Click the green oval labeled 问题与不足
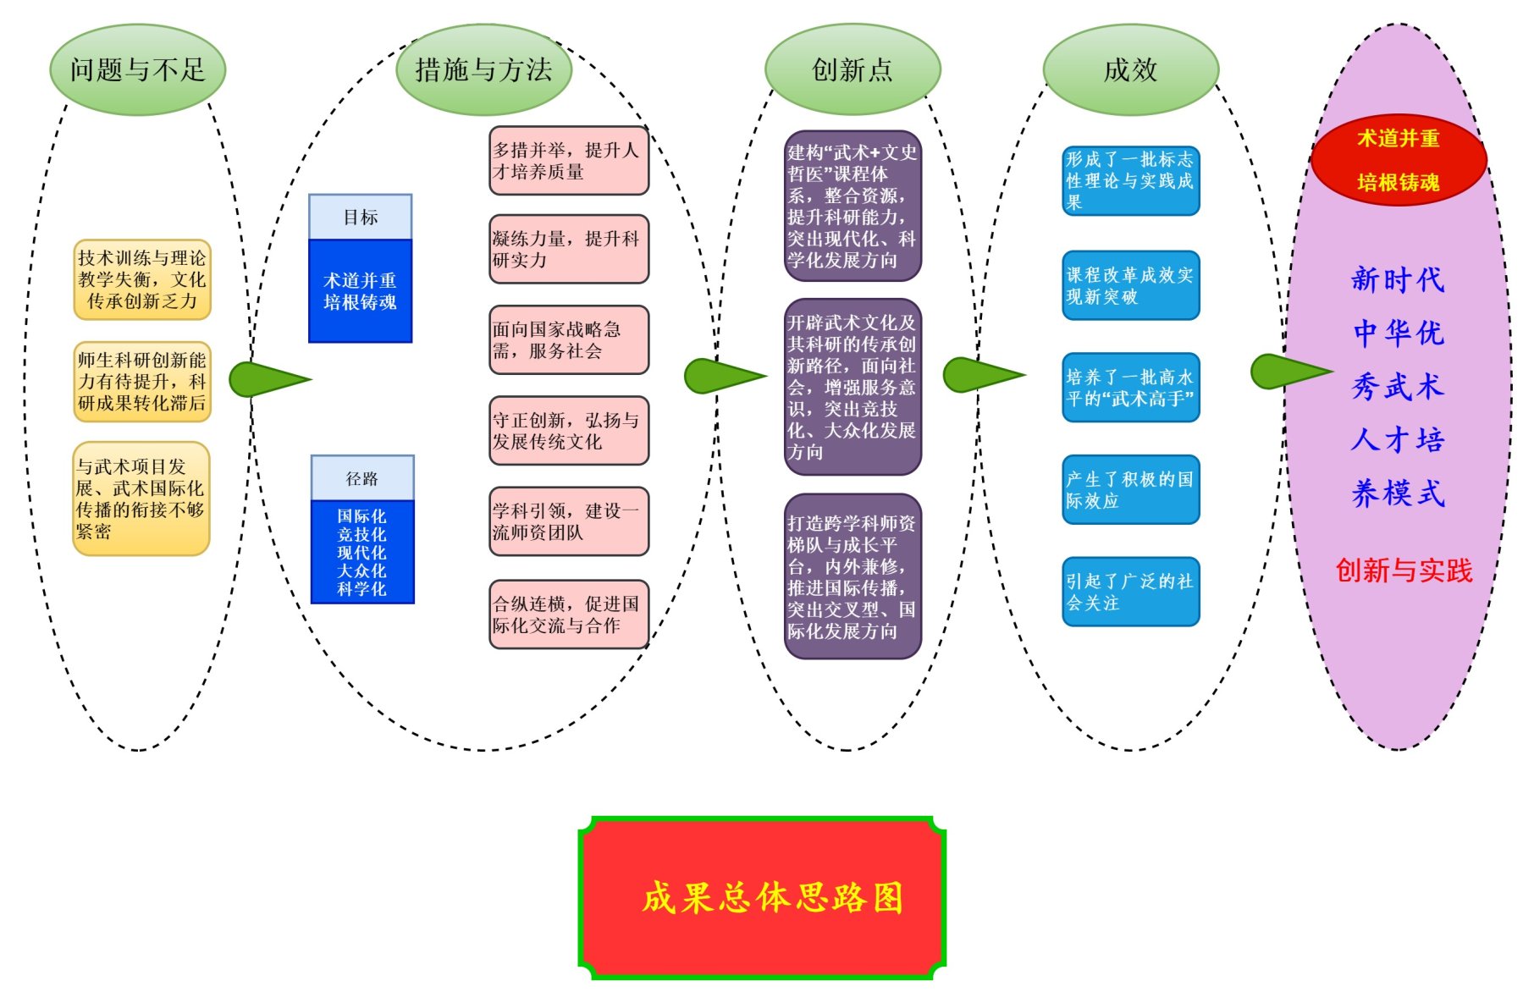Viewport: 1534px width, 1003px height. tap(138, 69)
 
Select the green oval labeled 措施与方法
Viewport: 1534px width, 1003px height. tap(483, 69)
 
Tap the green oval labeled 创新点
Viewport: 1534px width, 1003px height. tap(853, 69)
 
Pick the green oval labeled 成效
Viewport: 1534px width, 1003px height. tap(1130, 69)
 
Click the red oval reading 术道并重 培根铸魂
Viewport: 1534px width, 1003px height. tap(1399, 160)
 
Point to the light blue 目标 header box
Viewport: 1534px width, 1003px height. tap(361, 218)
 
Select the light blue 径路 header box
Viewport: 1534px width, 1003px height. tap(362, 478)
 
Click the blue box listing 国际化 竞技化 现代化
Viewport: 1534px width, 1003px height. tap(362, 552)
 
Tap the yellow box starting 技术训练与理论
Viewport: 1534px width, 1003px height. tap(142, 279)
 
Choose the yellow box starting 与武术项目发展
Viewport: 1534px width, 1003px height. tap(141, 499)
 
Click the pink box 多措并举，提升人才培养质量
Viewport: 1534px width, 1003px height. tap(569, 161)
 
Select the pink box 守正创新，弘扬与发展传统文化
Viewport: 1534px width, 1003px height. tap(569, 431)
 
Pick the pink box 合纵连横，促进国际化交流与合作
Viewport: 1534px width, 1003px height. tap(569, 614)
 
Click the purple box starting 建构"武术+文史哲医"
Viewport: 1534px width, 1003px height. tap(853, 206)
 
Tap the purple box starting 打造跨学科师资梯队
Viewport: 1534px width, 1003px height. tap(853, 576)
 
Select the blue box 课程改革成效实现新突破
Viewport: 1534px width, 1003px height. tap(1130, 285)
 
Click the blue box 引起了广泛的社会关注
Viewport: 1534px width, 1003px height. tap(1130, 592)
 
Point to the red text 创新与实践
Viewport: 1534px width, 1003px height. tap(1404, 570)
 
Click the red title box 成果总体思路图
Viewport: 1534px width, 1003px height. tap(762, 897)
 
